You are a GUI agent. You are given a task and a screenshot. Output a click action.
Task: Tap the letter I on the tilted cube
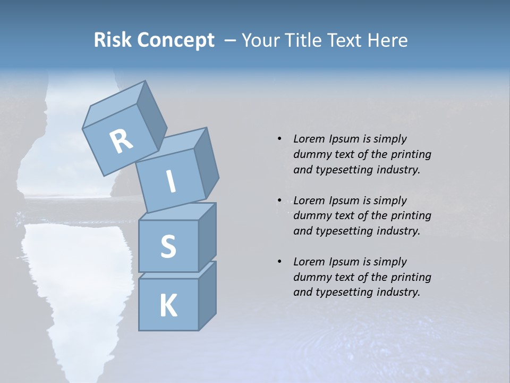(171, 181)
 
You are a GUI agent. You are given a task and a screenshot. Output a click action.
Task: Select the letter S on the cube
(168, 246)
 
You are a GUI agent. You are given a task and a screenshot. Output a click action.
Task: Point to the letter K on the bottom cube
(168, 306)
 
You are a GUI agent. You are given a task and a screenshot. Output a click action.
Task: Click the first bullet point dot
(279, 139)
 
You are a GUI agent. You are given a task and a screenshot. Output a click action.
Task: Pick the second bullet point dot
(279, 201)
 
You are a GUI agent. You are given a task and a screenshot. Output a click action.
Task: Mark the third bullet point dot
(279, 262)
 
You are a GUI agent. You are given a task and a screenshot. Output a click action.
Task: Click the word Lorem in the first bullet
(308, 139)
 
